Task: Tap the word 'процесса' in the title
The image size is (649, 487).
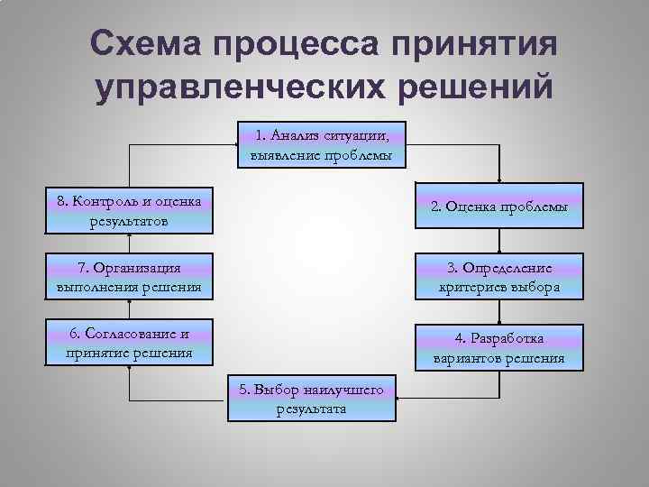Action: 306,45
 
